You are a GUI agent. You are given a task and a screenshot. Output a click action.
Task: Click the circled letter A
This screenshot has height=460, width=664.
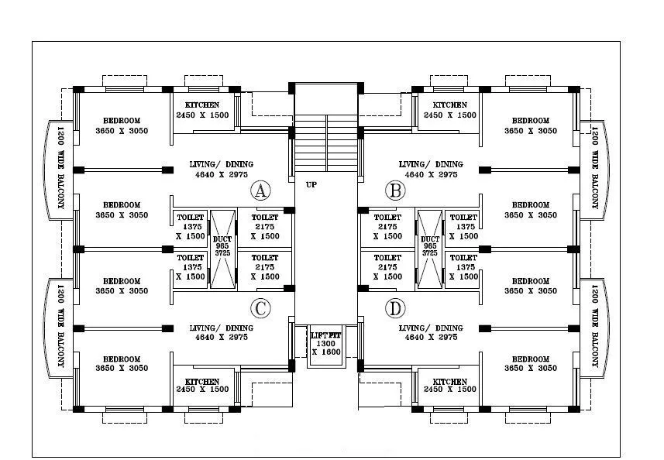click(261, 191)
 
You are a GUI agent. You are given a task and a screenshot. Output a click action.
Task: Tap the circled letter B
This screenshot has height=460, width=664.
click(396, 191)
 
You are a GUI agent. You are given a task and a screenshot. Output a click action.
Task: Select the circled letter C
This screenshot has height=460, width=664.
click(261, 308)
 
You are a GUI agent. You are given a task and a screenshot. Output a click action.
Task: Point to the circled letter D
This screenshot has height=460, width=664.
click(396, 309)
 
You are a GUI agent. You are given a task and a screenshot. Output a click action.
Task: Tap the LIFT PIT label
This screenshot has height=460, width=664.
click(325, 335)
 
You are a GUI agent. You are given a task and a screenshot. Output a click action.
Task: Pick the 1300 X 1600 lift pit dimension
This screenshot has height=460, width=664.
click(325, 347)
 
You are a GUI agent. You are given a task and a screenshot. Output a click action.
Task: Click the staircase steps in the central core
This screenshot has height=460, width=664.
click(326, 144)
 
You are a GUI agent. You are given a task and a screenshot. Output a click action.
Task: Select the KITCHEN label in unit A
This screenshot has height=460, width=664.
click(201, 105)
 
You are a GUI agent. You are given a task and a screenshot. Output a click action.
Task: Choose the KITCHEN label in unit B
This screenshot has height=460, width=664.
click(449, 105)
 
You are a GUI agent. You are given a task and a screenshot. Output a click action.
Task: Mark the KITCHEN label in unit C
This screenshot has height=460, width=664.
click(201, 382)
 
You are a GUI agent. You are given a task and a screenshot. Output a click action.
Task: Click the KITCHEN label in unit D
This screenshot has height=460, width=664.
click(449, 382)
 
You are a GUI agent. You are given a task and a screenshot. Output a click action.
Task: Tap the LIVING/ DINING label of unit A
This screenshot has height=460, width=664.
click(222, 164)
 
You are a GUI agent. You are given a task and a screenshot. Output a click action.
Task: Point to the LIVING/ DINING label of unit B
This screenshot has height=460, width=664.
click(431, 164)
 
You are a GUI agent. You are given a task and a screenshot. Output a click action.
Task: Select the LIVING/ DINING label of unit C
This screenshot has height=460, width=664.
click(222, 328)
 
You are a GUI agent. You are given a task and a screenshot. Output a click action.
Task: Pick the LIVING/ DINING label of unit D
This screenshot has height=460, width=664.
click(431, 328)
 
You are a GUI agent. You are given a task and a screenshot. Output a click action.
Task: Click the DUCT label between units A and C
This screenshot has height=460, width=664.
click(222, 239)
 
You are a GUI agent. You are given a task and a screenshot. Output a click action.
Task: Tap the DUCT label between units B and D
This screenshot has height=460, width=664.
click(430, 239)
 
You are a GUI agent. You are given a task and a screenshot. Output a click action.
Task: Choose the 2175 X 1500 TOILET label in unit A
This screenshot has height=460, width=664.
click(265, 218)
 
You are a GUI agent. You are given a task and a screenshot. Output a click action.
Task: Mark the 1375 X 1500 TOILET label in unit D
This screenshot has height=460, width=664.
click(463, 258)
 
